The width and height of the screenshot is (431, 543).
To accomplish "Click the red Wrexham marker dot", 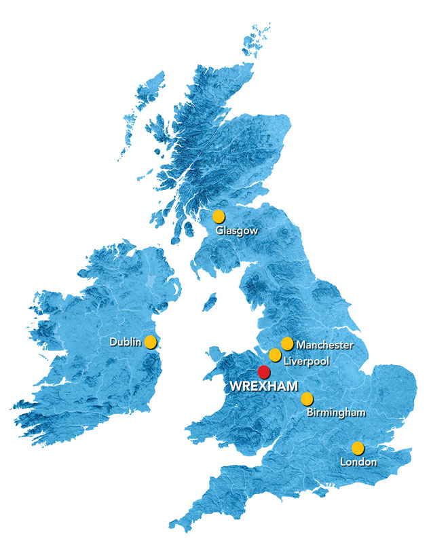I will tap(263, 371).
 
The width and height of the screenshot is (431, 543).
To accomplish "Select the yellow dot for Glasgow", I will tap(219, 217).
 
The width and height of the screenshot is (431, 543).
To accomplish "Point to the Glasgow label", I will tap(237, 231).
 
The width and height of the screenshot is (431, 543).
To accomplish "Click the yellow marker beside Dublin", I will tap(151, 342).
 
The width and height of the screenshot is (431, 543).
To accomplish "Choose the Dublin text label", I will tap(126, 343).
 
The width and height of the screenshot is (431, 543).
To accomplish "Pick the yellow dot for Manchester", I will tap(287, 343).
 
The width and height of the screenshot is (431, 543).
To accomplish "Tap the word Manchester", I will tap(324, 345).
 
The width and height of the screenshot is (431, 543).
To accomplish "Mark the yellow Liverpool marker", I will tap(275, 355).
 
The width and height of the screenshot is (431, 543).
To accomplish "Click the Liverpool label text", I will tap(306, 361).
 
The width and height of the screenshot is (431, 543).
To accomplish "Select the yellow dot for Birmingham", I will tap(307, 398).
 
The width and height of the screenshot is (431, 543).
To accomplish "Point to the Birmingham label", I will tap(336, 412).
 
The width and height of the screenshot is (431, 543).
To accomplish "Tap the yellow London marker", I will tap(357, 448).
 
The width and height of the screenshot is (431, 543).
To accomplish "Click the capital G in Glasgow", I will tap(220, 231).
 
